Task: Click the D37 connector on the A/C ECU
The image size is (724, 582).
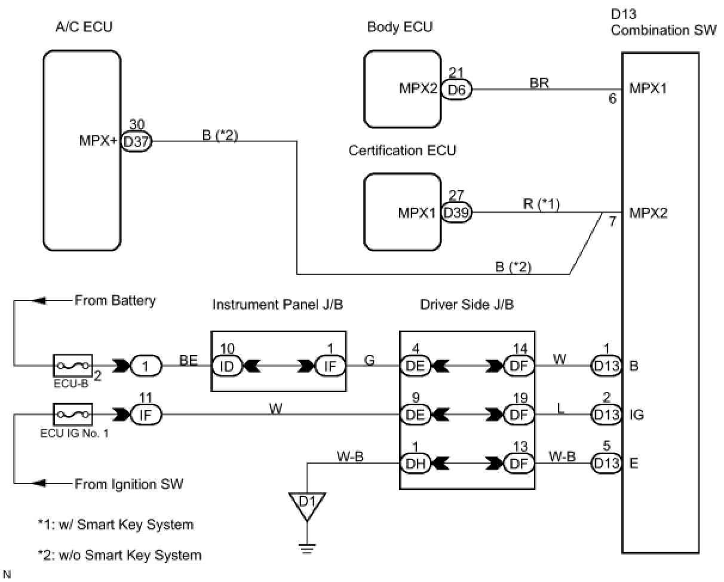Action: click(x=136, y=142)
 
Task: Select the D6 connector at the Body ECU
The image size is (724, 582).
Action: click(x=456, y=90)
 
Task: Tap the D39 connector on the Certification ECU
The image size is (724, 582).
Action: click(x=456, y=212)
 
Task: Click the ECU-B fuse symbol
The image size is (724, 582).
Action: click(x=72, y=364)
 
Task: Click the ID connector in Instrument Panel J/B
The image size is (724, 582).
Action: click(x=226, y=365)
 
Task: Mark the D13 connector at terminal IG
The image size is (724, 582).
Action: click(x=606, y=414)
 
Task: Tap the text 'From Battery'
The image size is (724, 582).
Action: click(x=115, y=301)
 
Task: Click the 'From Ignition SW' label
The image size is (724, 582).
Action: click(x=128, y=483)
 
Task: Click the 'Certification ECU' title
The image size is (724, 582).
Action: click(x=402, y=151)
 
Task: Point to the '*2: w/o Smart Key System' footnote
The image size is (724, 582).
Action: click(x=119, y=555)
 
